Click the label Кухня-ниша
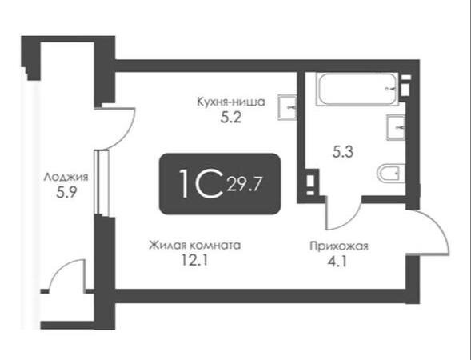(x=231, y=102)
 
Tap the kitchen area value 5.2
(x=231, y=118)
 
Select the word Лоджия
(x=66, y=177)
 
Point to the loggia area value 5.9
(x=66, y=193)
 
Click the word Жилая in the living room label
(x=166, y=246)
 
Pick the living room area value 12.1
(x=194, y=260)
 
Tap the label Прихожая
(x=339, y=246)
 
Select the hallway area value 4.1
(x=337, y=262)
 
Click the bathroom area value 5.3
(x=343, y=152)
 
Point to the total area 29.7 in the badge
(x=245, y=184)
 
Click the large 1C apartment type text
(x=202, y=184)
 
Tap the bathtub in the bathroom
(x=357, y=89)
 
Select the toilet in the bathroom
(x=391, y=174)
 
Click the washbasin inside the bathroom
(x=396, y=127)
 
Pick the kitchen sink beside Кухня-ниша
(x=287, y=107)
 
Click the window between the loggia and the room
(x=101, y=182)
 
